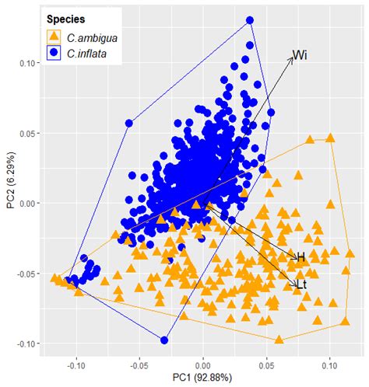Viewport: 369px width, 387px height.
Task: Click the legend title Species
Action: tap(65, 17)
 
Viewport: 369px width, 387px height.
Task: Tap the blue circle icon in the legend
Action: tap(52, 53)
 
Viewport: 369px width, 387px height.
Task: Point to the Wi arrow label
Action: tap(299, 55)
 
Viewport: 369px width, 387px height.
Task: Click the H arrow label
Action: tap(300, 256)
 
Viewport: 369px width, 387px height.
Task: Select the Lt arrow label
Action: tap(302, 285)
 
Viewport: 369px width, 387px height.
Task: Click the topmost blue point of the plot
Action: tap(250, 20)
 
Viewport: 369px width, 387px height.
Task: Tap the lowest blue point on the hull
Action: tap(164, 340)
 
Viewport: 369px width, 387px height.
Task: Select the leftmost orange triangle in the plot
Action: tap(54, 277)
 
